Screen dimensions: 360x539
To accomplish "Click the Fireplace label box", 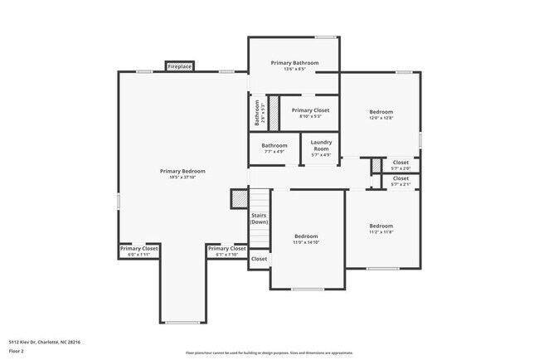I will click(180, 66).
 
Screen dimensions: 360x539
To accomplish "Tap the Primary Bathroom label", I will click(294, 63).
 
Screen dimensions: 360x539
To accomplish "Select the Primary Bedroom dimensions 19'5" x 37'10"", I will click(182, 177).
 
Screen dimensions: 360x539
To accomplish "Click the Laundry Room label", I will click(321, 147).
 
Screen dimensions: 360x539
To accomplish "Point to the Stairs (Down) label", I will click(259, 218).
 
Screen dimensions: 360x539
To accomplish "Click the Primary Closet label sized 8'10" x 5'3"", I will click(310, 110).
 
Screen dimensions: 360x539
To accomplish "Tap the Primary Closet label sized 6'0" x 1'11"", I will click(138, 249).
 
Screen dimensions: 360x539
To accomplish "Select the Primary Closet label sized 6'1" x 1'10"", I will click(226, 249).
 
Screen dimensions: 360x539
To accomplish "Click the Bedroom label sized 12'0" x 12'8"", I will click(381, 112).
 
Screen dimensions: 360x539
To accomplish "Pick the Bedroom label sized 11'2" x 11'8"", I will click(381, 226).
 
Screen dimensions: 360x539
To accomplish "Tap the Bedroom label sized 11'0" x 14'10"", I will click(306, 236).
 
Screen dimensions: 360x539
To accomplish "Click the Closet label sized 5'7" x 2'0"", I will click(401, 163).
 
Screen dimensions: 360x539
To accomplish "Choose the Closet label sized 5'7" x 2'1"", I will click(401, 178).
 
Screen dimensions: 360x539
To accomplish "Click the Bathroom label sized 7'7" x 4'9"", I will click(274, 146).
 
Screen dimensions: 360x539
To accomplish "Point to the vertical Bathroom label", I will click(257, 112).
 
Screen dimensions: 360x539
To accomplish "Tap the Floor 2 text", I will click(17, 350).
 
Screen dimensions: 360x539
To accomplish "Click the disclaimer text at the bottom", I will click(269, 352).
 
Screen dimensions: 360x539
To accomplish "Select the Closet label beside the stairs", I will click(259, 259).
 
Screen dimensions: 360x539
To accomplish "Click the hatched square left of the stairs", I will click(240, 199).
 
